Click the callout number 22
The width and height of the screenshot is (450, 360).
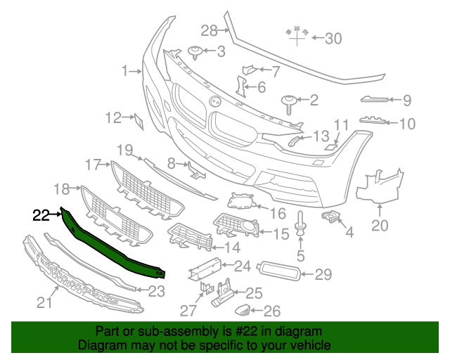[41, 214]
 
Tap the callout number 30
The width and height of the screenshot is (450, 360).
[333, 39]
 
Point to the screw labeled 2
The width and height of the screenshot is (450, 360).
[289, 103]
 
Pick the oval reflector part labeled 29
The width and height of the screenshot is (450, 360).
[280, 271]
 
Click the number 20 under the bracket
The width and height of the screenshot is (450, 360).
[379, 226]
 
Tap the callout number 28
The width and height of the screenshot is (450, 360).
[209, 30]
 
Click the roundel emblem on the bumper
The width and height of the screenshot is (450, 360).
[214, 101]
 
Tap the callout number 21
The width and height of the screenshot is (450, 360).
[44, 303]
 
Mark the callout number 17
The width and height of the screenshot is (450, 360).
[94, 165]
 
